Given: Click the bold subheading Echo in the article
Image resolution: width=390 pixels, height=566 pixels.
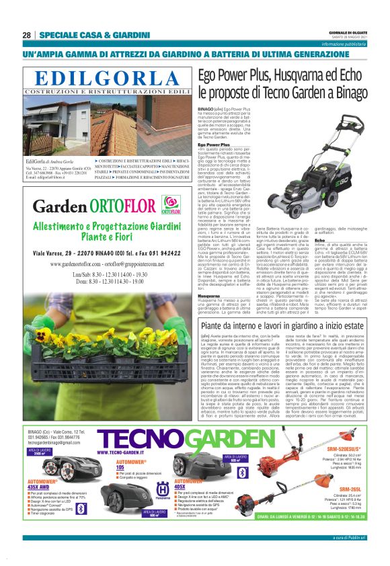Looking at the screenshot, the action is click(x=319, y=240).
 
